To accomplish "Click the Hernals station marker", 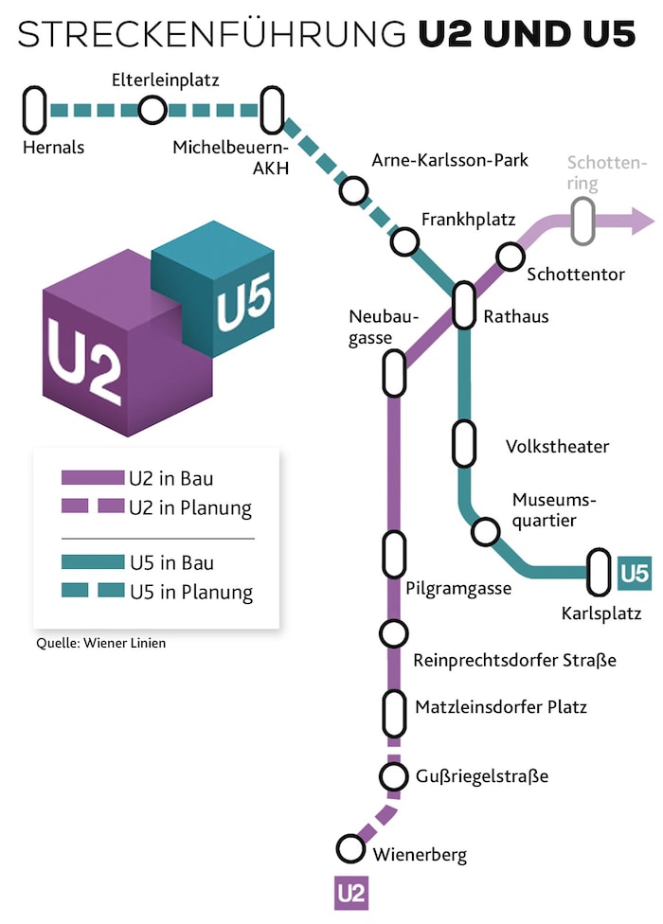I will (35, 110).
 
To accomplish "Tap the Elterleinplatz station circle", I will (151, 110).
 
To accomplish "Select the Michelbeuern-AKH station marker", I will (273, 110).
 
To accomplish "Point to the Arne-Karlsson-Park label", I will (450, 160).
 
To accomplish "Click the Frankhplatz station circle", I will (404, 242).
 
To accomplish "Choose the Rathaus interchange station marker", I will (463, 305).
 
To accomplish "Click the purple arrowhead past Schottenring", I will (641, 222).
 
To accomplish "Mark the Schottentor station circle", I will (510, 256).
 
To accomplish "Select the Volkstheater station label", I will (557, 446).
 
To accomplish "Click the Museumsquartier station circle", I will (486, 531).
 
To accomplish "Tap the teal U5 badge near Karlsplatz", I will (634, 573).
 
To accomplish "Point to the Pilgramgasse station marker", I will (394, 555).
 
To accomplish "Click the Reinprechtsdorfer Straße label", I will (514, 660).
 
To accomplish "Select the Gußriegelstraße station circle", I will (394, 776).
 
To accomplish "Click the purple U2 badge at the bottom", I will (350, 893).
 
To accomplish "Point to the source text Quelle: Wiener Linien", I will (100, 644).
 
